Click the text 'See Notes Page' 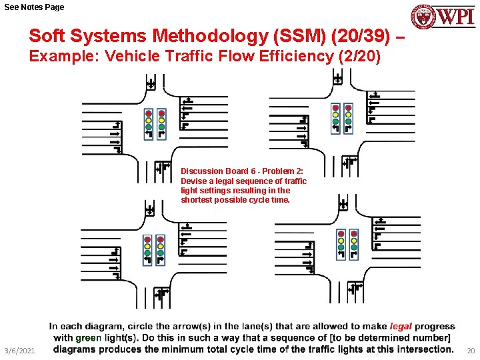click(x=35, y=7)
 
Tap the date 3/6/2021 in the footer click(x=19, y=351)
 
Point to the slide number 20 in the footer click(x=471, y=351)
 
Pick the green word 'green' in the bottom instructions click(x=88, y=338)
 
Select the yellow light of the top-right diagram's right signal click(x=349, y=115)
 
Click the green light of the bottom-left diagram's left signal click(x=148, y=253)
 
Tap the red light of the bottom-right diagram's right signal click(x=354, y=234)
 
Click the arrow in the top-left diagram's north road click(x=151, y=84)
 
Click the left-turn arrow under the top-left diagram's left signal click(x=149, y=134)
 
